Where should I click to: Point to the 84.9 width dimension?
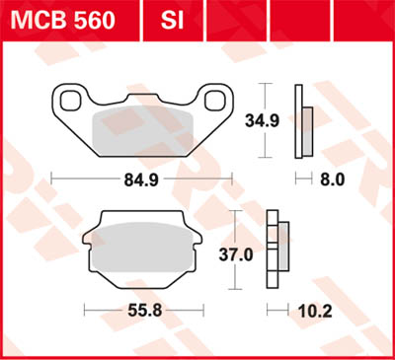(140, 180)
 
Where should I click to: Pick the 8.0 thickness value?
(334, 180)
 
